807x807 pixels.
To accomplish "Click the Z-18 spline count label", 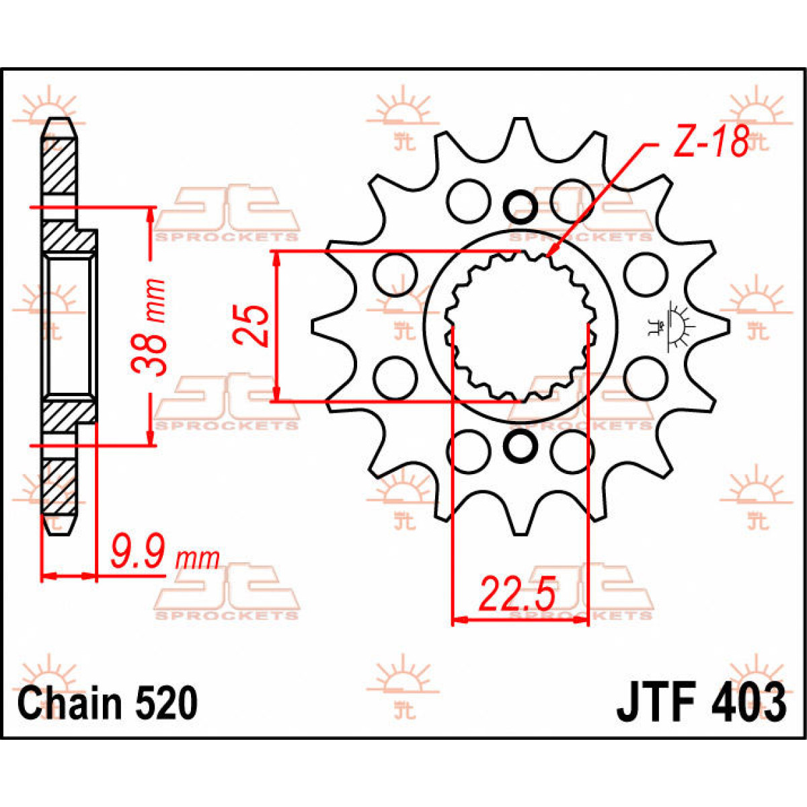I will [711, 143].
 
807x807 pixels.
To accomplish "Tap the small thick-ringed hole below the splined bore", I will [519, 447].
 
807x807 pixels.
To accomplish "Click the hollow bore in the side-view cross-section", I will [68, 326].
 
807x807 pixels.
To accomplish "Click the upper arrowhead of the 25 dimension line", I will [276, 258].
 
